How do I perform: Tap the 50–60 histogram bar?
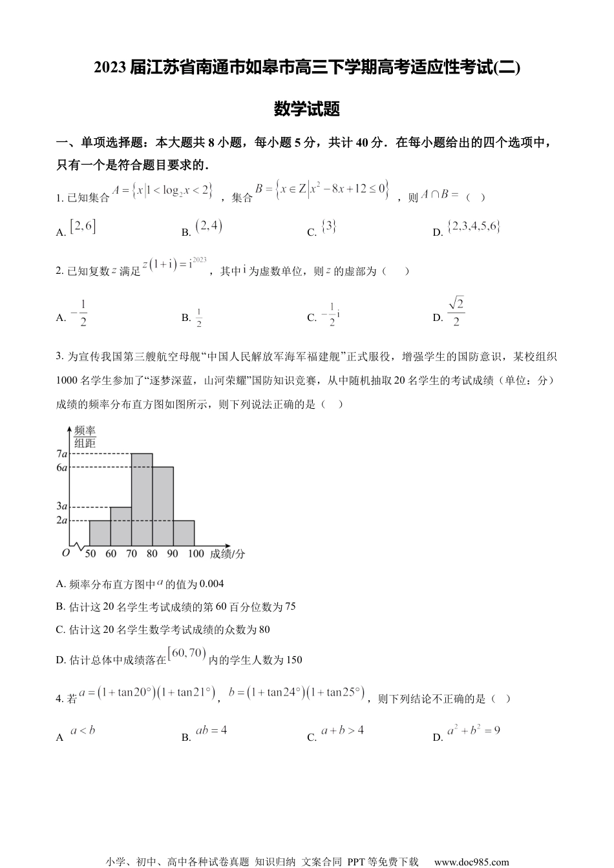point(100,533)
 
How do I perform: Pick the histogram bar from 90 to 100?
point(184,533)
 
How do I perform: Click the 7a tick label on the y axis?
point(62,454)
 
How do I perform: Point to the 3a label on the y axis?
point(62,506)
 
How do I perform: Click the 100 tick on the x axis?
point(195,553)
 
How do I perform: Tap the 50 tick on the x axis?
point(90,553)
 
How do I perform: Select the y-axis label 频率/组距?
point(85,437)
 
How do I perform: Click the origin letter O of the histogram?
point(65,553)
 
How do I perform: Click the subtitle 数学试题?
point(307,108)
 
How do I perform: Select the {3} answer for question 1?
point(329,227)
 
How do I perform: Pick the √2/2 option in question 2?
point(456,312)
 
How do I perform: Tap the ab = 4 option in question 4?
point(211,730)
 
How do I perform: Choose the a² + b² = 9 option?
point(474,730)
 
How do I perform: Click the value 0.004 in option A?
point(211,584)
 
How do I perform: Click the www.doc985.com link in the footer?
point(471,862)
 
